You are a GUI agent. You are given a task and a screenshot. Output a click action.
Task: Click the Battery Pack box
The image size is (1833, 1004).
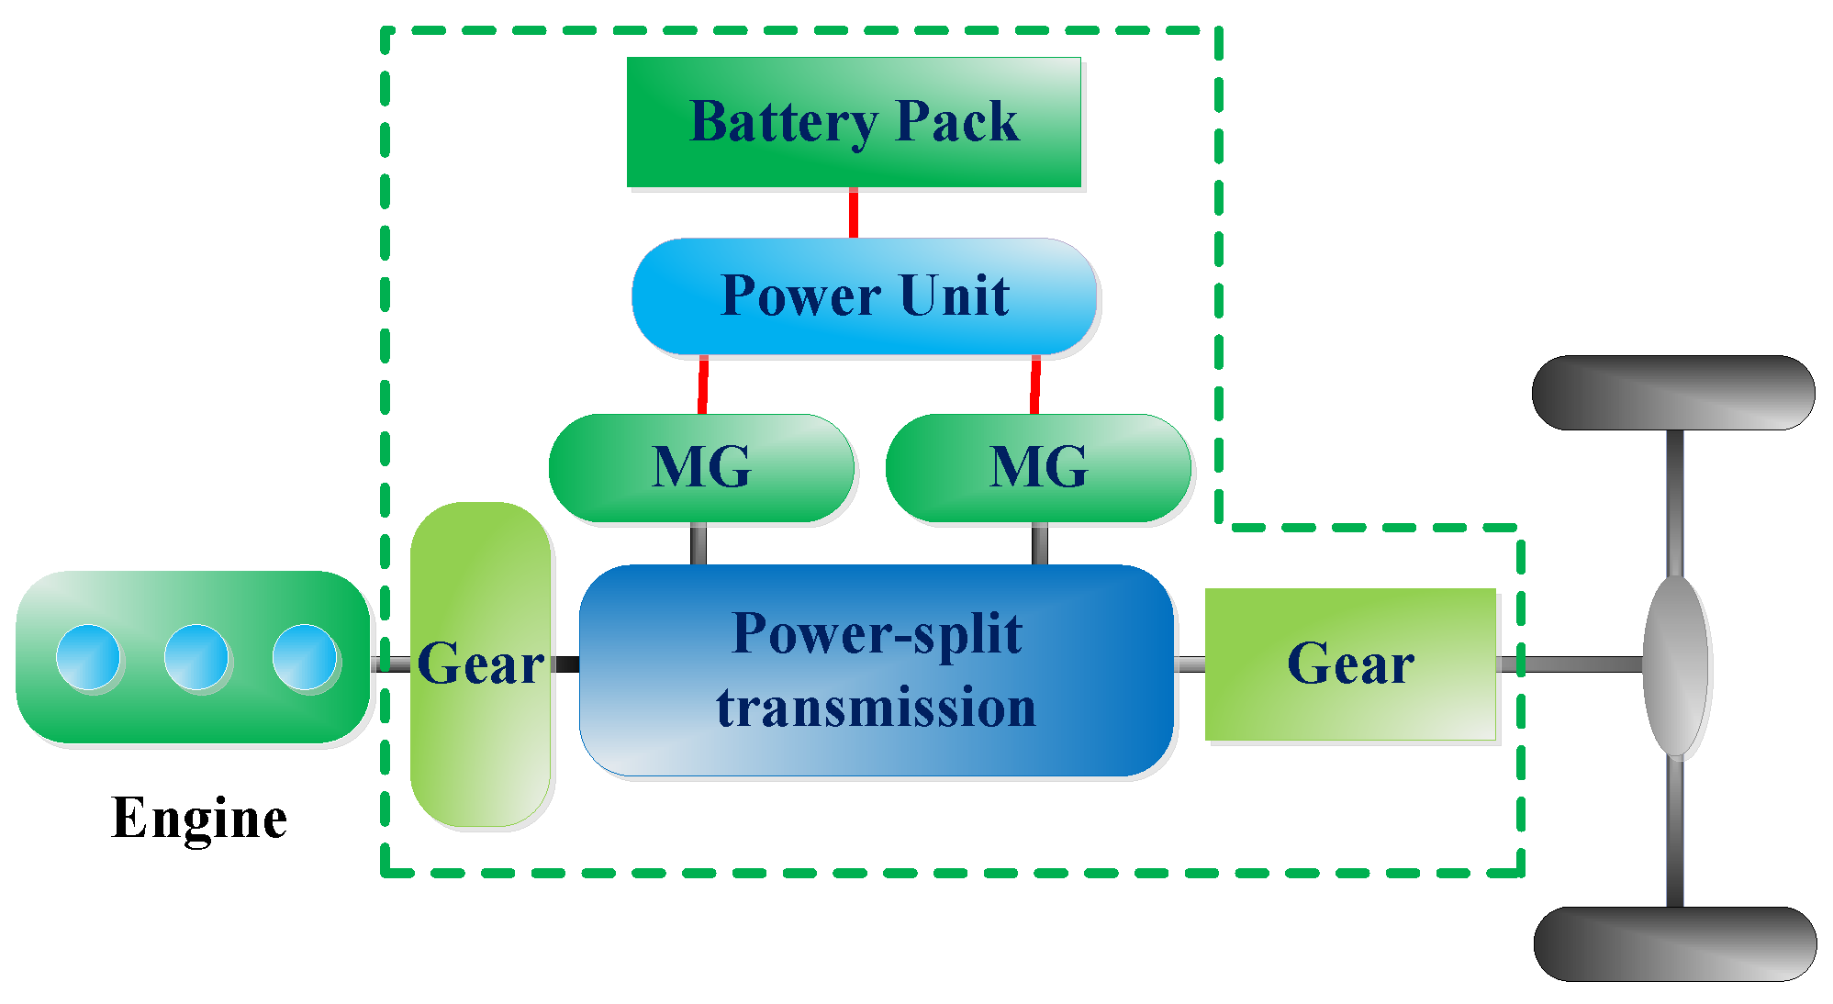tap(854, 122)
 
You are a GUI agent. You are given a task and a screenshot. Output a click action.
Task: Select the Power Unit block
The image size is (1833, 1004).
tap(865, 296)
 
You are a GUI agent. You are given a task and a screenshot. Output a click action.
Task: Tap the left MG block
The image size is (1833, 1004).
tap(701, 468)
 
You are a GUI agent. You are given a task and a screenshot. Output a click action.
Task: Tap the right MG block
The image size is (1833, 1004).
tap(1038, 468)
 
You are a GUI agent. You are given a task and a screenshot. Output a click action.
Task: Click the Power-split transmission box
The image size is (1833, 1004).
tap(877, 670)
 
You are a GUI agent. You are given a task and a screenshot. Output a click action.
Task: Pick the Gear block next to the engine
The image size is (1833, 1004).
tap(480, 664)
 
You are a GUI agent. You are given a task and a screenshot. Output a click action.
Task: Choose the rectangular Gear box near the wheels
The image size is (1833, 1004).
tap(1350, 664)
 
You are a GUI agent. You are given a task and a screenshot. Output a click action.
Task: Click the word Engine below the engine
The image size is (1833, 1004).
tap(199, 819)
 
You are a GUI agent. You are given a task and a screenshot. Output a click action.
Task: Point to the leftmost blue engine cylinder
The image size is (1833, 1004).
tap(88, 657)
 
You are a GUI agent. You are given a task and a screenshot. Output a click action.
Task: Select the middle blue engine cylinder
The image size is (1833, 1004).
tap(196, 657)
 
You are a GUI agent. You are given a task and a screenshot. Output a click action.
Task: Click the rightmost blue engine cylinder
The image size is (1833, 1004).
tap(305, 657)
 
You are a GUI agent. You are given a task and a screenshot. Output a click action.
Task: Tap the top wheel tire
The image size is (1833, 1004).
tap(1673, 393)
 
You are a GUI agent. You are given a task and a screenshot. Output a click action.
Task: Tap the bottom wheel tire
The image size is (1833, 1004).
tap(1675, 944)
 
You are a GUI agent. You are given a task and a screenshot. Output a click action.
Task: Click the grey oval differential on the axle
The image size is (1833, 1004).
tap(1675, 666)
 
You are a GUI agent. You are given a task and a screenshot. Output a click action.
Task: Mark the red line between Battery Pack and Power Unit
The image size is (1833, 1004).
tap(854, 213)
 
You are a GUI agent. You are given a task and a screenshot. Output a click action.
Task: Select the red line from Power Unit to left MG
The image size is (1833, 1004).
tap(703, 385)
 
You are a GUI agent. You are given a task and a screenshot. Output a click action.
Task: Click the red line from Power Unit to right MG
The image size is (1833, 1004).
tap(1035, 385)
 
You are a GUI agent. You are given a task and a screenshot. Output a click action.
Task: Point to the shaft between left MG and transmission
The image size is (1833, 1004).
tap(699, 544)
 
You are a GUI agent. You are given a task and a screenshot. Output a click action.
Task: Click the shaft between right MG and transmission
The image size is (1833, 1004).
tap(1040, 544)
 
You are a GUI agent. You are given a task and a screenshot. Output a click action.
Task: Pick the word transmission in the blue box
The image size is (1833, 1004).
tap(877, 708)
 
